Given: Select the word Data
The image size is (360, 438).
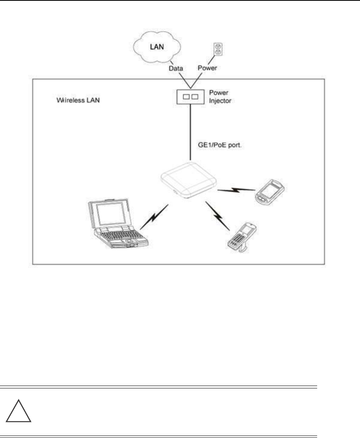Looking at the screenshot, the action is [x=175, y=68].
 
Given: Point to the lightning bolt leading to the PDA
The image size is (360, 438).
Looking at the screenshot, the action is [x=236, y=190].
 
